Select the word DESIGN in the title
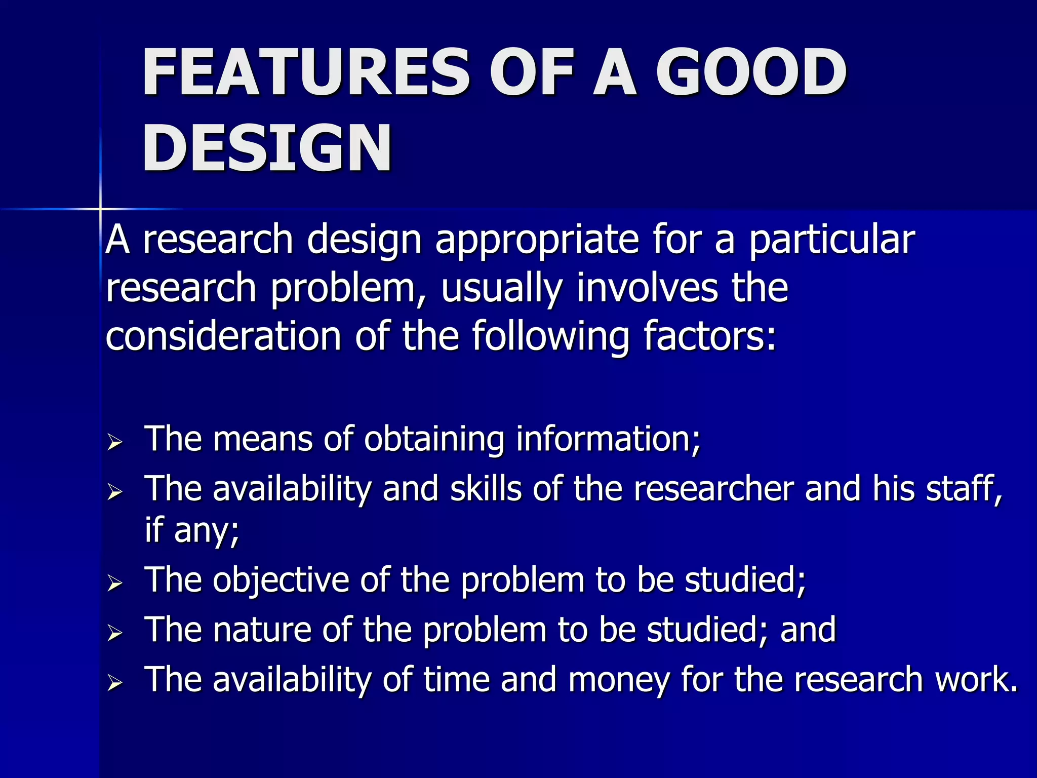[267, 148]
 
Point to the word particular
[832, 239]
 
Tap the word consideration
[223, 336]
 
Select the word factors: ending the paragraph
[709, 336]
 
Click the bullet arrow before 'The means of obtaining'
[115, 442]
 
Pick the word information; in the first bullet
[608, 439]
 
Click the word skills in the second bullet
[486, 489]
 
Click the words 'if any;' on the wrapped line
[192, 530]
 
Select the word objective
[281, 579]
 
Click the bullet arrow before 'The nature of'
[115, 633]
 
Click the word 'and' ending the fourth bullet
[808, 630]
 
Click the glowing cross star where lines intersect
[101, 209]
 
